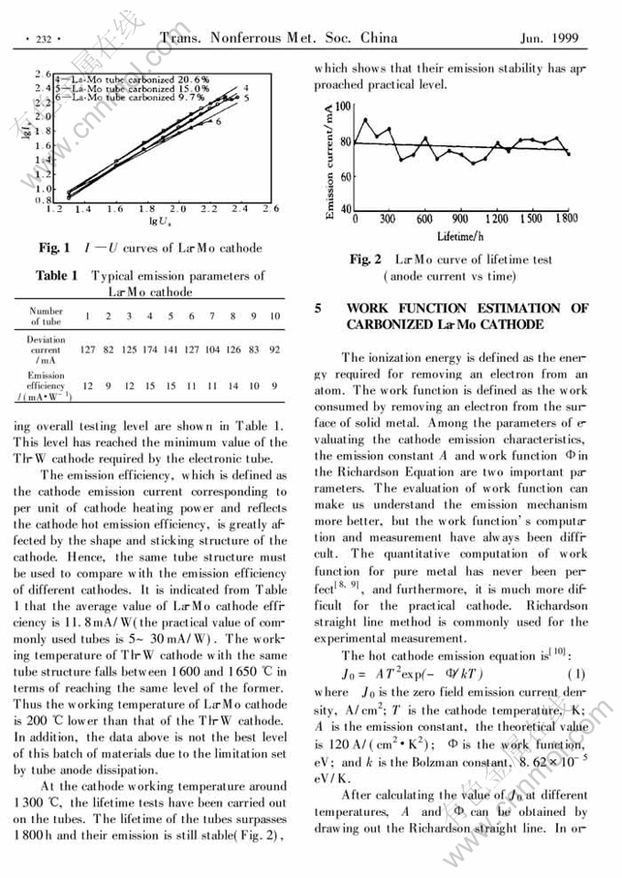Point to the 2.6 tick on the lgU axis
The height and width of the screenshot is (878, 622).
pyautogui.click(x=271, y=209)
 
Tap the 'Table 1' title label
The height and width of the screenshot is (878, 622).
pyautogui.click(x=57, y=275)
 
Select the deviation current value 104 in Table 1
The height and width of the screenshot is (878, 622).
pyautogui.click(x=212, y=349)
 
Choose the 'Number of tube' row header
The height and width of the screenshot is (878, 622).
pyautogui.click(x=46, y=316)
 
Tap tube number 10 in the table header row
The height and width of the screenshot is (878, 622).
pyautogui.click(x=274, y=316)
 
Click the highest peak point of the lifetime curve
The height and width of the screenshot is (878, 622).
pyautogui.click(x=366, y=120)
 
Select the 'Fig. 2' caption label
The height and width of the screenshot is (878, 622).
pyautogui.click(x=366, y=260)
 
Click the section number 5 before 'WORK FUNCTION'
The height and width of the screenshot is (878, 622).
pyautogui.click(x=317, y=309)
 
